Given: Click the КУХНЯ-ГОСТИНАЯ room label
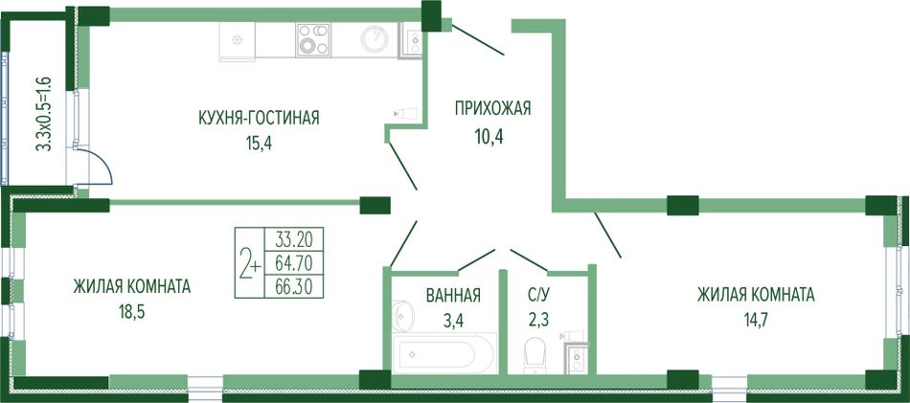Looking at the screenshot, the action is coord(259,119).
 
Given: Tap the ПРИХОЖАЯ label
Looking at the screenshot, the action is coord(492,108).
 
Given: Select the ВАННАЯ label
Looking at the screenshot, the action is coord(453,295).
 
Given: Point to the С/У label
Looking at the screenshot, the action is coord(535,295).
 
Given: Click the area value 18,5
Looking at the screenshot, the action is coord(130,314).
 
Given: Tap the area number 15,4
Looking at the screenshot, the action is coord(259,143).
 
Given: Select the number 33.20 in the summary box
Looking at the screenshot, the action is coord(294,238).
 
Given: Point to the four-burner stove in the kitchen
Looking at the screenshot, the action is coord(313,39).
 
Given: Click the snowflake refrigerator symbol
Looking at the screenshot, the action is coord(237,40).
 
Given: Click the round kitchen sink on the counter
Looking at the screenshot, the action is coord(375,39).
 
